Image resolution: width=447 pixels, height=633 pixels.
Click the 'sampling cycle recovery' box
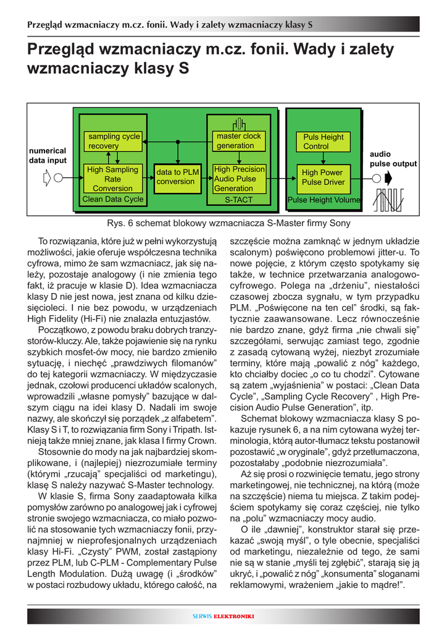pos(114,141)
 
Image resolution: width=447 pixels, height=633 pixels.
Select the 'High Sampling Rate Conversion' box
pos(112,179)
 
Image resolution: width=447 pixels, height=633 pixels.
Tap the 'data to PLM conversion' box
pos(177,177)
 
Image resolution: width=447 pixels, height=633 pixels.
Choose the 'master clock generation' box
pos(238,141)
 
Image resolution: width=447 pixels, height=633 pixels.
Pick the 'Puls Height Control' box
pos(323,142)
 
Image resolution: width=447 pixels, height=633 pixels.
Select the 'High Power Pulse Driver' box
pos(323,177)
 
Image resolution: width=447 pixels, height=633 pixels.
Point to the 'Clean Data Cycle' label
pos(112,199)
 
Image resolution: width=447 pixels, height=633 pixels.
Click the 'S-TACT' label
pos(238,200)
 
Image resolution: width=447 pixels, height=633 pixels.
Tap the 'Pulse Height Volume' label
pos(324,200)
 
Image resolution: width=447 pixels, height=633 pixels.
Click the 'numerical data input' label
pos(48,155)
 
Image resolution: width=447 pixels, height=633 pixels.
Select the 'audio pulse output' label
pos(393,159)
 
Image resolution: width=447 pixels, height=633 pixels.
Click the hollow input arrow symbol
pos(48,179)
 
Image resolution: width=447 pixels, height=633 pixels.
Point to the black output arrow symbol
pos(388,179)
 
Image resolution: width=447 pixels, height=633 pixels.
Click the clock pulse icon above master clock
pos(239,124)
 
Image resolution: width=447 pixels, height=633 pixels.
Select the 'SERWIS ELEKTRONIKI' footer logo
pos(223,616)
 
